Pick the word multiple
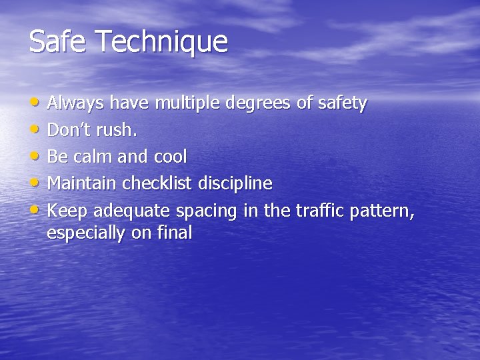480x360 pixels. [188, 104]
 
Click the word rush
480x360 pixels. [119, 130]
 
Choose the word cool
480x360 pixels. [170, 157]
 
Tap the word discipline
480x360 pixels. [239, 183]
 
